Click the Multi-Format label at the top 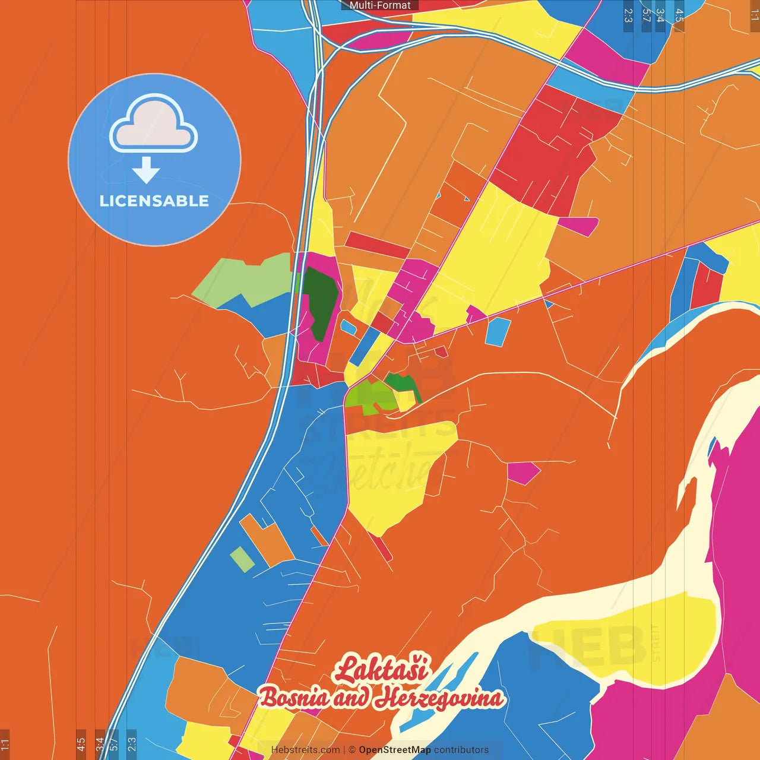point(380,5)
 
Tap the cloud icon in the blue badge point(154,125)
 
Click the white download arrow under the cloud point(146,171)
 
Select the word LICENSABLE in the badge point(154,201)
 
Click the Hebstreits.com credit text point(305,750)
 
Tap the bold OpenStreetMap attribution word point(394,750)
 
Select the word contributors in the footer point(461,750)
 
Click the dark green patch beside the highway point(321,300)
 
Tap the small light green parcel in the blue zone point(242,559)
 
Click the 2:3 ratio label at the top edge point(628,15)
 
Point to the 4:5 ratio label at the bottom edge point(81,743)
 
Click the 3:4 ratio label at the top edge point(660,15)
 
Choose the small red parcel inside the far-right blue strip point(707,285)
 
